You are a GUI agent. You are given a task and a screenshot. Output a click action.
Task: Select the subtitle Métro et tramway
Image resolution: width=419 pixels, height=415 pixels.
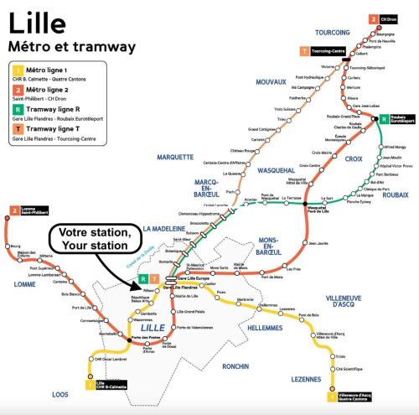pos(59,43)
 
